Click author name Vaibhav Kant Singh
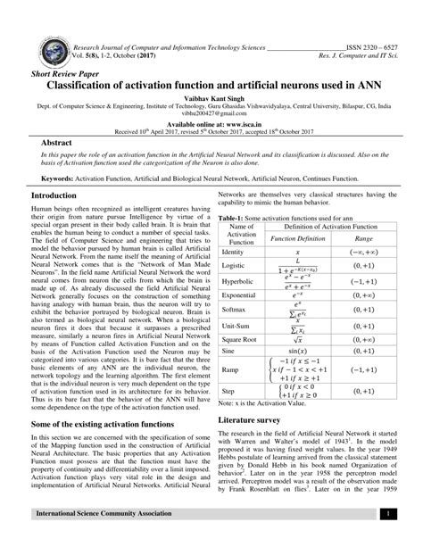[x=211, y=104]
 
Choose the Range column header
[x=362, y=238]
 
